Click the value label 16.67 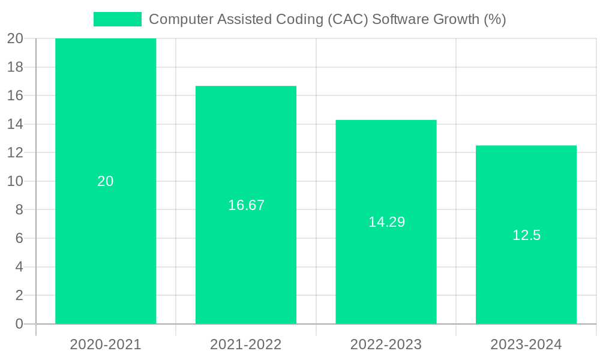pos(246,205)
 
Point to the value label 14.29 pos(386,222)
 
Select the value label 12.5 pos(526,235)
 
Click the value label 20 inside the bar pos(106,181)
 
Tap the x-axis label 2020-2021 pos(106,344)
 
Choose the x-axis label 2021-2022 pos(246,344)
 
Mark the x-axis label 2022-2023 pos(386,344)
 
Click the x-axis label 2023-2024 pos(526,344)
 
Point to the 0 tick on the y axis pos(19,324)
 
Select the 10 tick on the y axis pos(15,181)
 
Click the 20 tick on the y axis pos(15,38)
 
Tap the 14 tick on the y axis pos(15,124)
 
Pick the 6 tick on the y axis pos(19,238)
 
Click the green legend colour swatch pos(118,19)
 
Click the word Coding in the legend pos(302,19)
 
